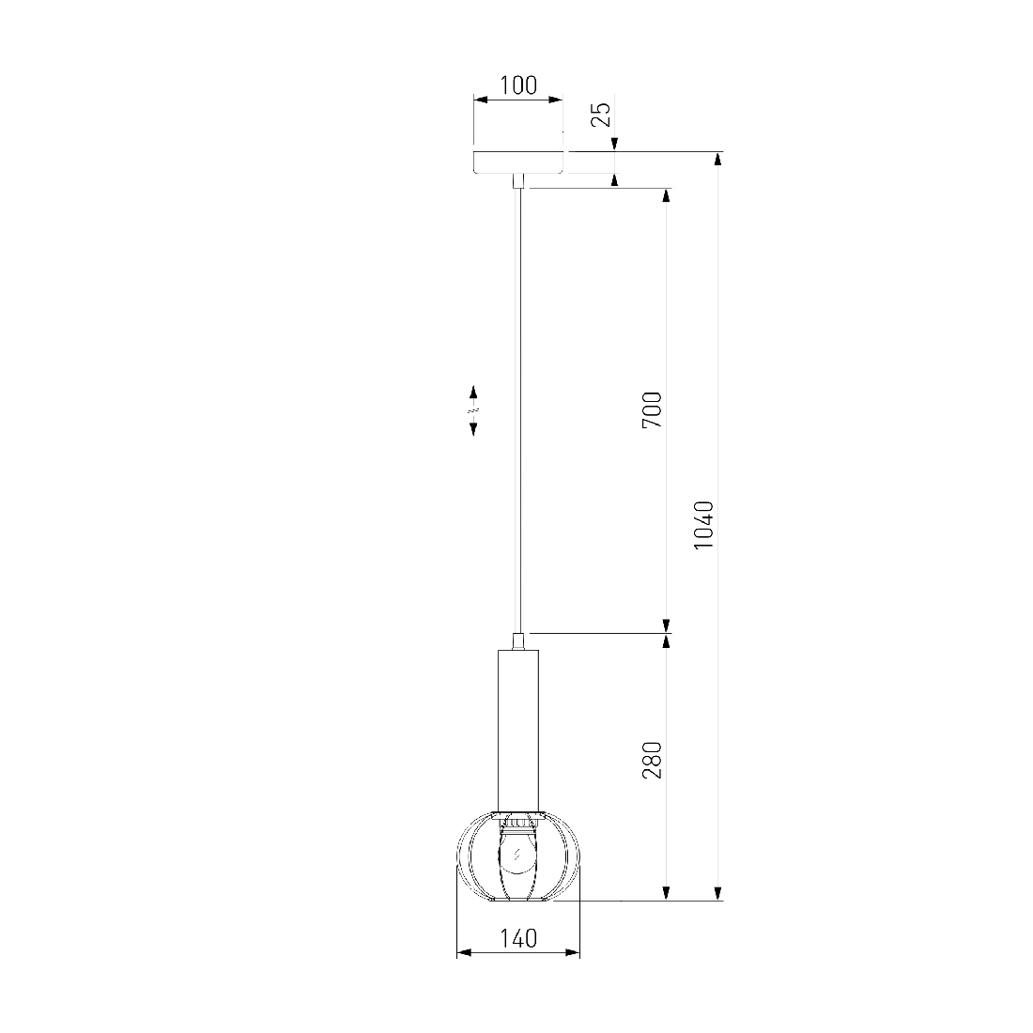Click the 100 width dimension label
coord(518,85)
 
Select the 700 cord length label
coord(653,409)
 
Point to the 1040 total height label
coord(703,525)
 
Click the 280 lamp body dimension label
coord(653,761)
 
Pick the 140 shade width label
coord(518,938)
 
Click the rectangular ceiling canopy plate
coord(518,162)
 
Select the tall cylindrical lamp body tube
coord(518,730)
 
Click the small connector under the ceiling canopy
coord(518,181)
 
